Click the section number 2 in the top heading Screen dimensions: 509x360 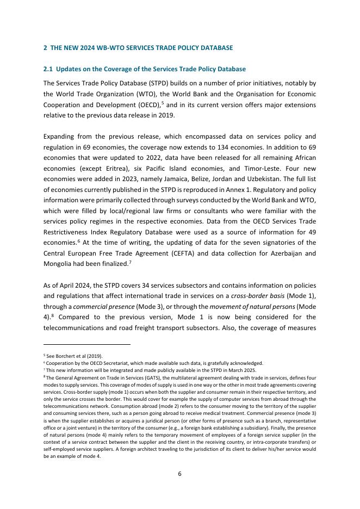45,48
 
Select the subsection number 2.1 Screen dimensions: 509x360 48,70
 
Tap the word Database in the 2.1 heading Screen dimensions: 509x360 231,70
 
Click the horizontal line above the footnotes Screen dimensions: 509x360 87,344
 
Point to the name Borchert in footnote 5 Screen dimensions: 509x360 63,356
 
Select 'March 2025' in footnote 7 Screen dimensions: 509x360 244,370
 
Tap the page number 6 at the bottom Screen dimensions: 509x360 180,474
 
